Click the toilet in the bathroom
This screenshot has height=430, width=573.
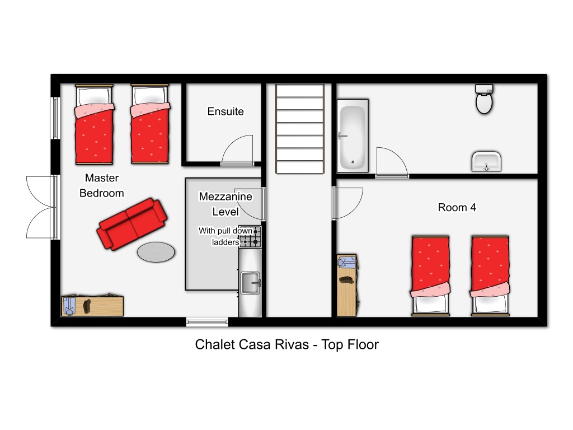point(484,99)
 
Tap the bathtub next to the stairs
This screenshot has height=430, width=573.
point(353,135)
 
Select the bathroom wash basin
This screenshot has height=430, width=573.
point(486,162)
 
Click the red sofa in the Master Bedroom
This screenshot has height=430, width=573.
point(132,224)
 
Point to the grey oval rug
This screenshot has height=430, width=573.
point(156,253)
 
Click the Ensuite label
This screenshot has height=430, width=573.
point(226,111)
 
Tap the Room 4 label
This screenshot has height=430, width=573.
point(457,207)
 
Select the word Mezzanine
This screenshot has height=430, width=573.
point(226,197)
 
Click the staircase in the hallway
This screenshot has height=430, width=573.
point(300,129)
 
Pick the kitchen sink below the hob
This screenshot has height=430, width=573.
point(250,283)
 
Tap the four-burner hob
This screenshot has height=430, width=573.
point(250,237)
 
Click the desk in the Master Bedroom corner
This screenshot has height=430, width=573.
point(92,305)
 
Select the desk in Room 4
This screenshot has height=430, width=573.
point(346,285)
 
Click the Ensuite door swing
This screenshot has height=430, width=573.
point(237,150)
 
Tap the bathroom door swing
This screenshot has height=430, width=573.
point(392,163)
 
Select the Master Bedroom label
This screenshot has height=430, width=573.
point(102,185)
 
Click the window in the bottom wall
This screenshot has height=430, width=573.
point(207,322)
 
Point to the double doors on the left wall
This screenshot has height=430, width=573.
point(40,207)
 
